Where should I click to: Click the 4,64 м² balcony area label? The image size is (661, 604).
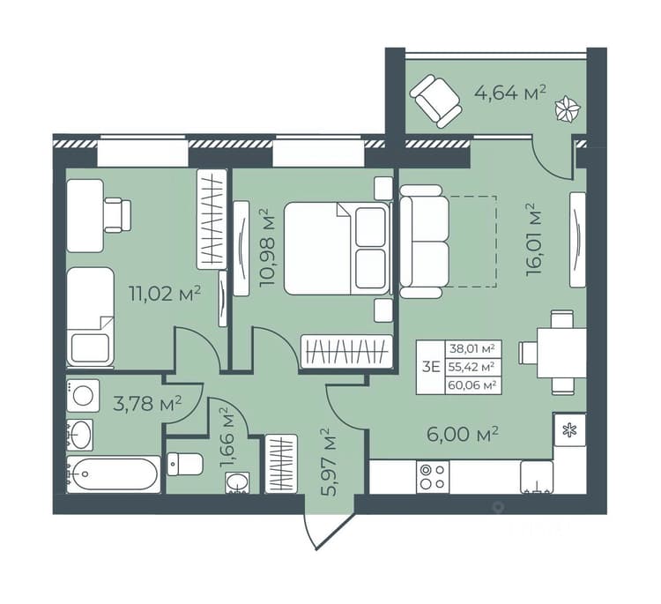tap(510, 93)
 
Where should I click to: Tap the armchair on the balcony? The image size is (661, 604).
tap(436, 101)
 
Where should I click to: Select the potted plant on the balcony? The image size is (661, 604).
tap(568, 109)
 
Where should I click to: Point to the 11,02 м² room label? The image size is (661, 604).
tap(165, 294)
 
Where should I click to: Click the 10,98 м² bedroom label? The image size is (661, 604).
tap(267, 247)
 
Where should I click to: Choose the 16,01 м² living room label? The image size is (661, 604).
tap(533, 239)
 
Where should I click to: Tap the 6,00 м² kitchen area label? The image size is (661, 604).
tap(463, 434)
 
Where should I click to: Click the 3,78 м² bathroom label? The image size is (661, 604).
tap(147, 403)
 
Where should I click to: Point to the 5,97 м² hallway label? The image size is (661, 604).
tap(329, 462)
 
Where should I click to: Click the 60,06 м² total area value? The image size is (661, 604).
tap(472, 384)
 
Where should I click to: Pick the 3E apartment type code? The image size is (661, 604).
tap(431, 367)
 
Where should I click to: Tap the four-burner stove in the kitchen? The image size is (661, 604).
tap(433, 477)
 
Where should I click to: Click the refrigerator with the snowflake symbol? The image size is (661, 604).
tap(569, 429)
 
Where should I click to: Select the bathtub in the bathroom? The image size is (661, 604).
tap(114, 474)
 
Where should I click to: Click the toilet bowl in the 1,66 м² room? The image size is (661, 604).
tap(185, 464)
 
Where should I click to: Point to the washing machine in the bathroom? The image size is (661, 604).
tap(83, 396)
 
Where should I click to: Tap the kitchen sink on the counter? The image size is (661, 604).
tap(537, 477)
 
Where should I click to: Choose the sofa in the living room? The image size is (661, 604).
tap(424, 242)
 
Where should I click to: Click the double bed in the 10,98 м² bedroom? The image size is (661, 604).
tap(336, 249)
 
